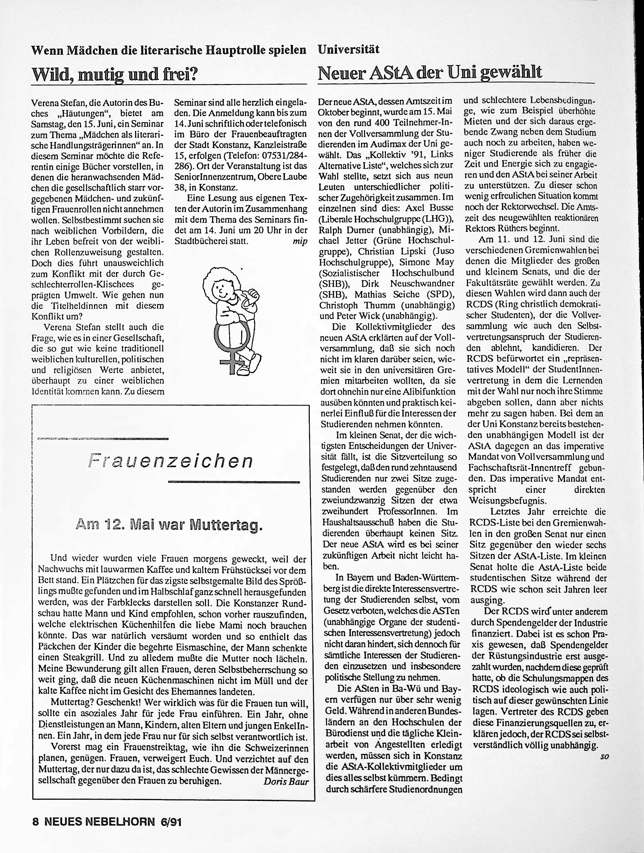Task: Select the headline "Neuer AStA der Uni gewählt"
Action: (430, 72)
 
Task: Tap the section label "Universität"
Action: (349, 49)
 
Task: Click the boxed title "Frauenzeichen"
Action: (170, 461)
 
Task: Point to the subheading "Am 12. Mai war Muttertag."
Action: (169, 525)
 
